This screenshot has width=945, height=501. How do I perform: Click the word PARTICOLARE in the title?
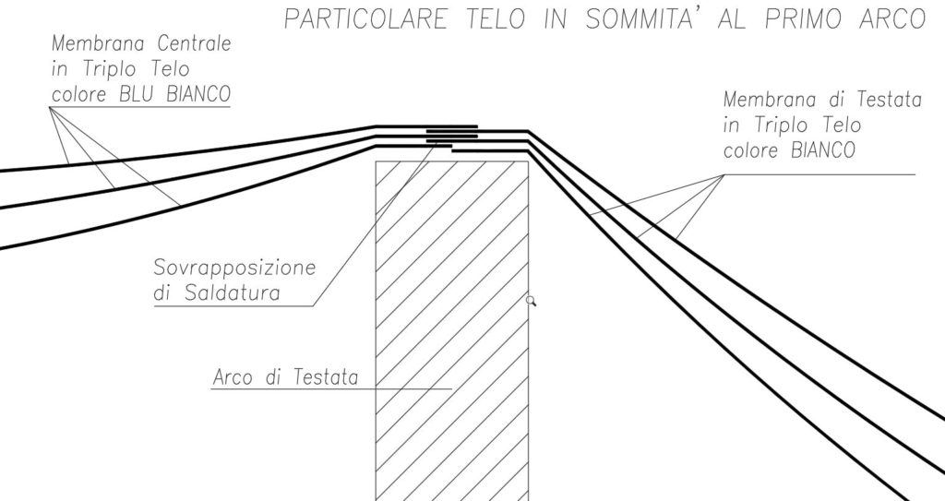[365, 19]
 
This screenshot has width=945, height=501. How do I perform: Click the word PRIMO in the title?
[804, 19]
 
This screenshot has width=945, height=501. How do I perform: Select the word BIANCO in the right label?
[822, 150]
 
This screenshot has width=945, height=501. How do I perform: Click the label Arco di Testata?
[286, 377]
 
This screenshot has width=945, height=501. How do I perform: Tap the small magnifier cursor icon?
[531, 301]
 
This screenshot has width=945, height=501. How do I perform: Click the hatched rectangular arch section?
[452, 331]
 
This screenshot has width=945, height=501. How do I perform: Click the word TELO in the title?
[496, 19]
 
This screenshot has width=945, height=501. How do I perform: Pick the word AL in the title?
[734, 19]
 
